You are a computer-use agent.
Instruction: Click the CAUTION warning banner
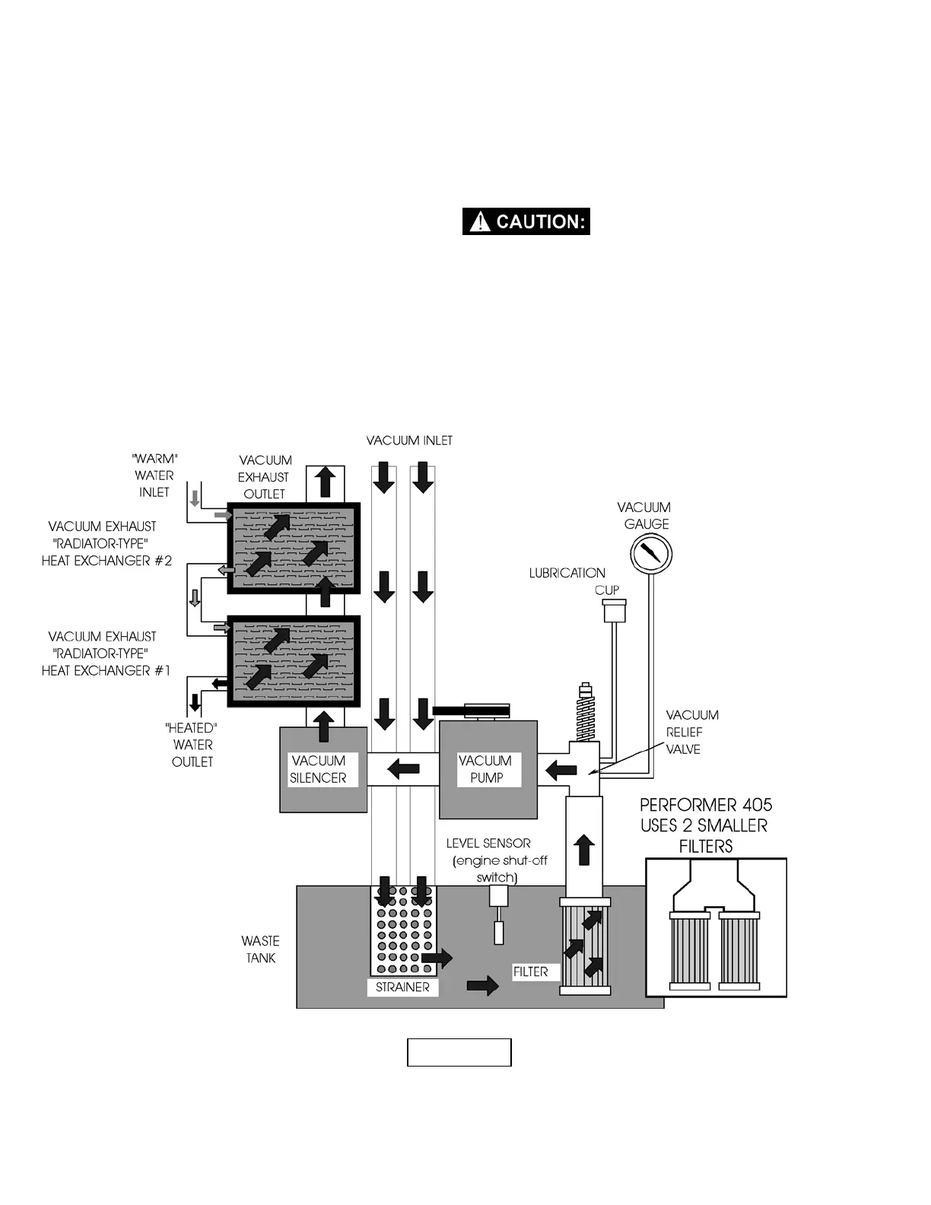[526, 221]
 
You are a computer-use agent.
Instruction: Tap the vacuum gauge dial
[650, 552]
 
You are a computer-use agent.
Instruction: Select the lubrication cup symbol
[614, 610]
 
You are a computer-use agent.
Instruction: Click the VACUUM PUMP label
[485, 769]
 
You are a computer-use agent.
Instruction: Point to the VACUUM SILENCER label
[319, 769]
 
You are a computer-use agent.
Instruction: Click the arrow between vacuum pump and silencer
[403, 769]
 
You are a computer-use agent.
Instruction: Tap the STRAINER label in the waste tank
[402, 987]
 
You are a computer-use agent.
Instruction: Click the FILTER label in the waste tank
[530, 971]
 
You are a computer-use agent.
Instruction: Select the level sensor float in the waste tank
[499, 932]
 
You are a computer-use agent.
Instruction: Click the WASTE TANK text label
[261, 949]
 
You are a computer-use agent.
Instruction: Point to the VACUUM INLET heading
[409, 440]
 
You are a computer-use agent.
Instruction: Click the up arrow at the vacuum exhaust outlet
[326, 482]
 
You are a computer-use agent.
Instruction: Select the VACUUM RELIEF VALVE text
[692, 732]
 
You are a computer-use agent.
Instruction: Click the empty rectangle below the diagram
[459, 1052]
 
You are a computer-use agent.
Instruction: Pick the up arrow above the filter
[584, 849]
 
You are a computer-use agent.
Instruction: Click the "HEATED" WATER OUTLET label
[192, 745]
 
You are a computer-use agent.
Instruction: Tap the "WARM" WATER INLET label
[154, 475]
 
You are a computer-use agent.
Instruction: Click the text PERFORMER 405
[706, 805]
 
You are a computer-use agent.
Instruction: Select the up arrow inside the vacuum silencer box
[324, 726]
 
